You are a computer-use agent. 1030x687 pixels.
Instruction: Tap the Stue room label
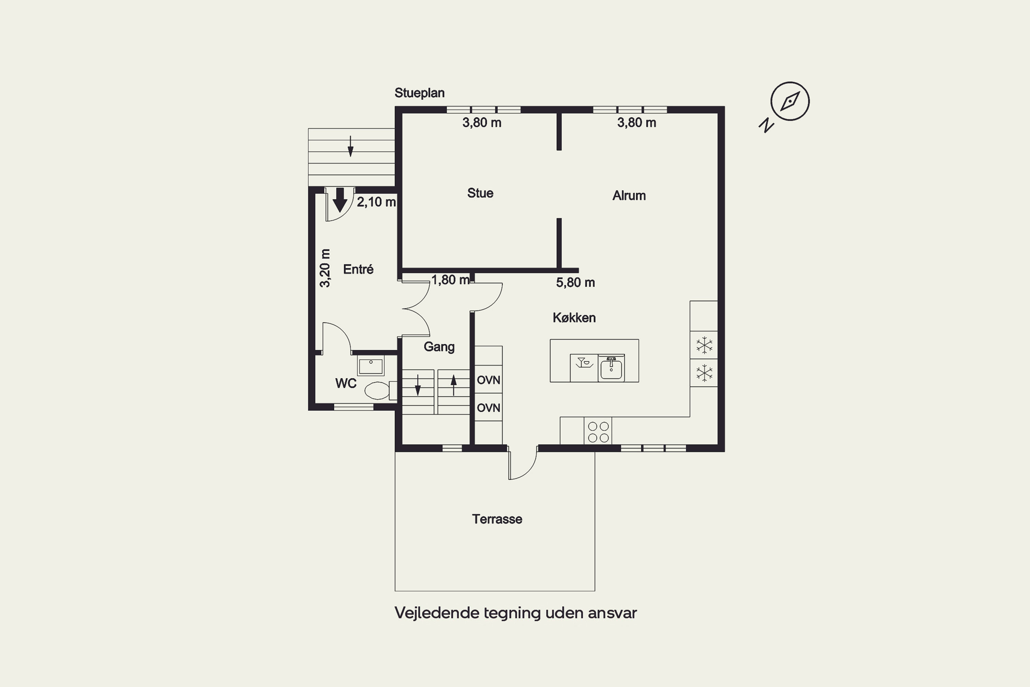(x=480, y=193)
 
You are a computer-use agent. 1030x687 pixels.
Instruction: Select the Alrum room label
(x=629, y=195)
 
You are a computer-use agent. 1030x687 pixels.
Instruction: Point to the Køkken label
(x=574, y=318)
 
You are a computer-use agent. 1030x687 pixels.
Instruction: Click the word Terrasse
(x=497, y=519)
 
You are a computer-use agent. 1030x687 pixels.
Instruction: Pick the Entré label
(x=358, y=269)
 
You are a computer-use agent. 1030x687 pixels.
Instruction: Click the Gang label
(x=439, y=347)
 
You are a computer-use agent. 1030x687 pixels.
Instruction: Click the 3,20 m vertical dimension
(x=324, y=268)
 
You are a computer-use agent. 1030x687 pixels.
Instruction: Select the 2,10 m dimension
(x=376, y=202)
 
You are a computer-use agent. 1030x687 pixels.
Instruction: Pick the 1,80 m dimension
(x=450, y=280)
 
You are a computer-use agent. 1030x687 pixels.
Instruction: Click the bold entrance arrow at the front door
(x=340, y=200)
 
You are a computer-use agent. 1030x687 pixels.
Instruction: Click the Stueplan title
(x=420, y=93)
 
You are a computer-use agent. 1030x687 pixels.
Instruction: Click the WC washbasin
(x=371, y=365)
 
